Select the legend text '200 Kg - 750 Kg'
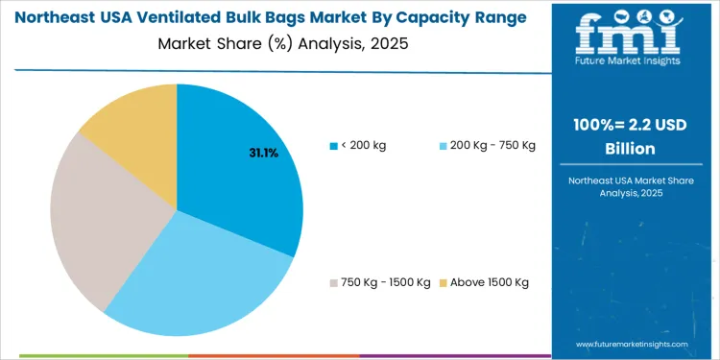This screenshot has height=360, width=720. click(492, 145)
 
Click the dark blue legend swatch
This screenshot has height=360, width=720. click(332, 146)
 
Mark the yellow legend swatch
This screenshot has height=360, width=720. click(443, 282)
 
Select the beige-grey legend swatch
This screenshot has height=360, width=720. click(332, 282)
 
